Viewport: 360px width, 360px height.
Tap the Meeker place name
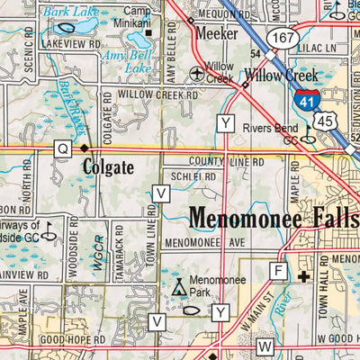pos(218,33)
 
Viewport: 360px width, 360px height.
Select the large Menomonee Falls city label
pos(274,218)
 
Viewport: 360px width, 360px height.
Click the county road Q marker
pos(61,148)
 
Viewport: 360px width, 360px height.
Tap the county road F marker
pos(278,271)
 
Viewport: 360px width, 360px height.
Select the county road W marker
pos(265,346)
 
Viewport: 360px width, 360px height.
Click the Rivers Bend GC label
pos(272,132)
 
